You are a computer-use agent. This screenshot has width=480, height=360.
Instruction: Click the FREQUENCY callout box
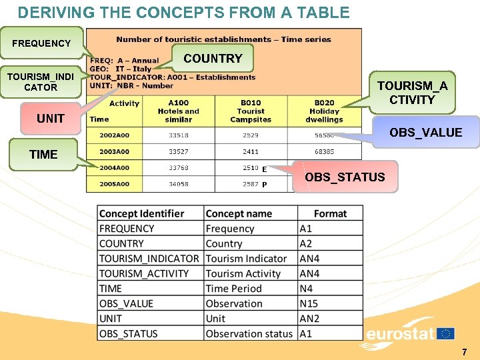coord(41,43)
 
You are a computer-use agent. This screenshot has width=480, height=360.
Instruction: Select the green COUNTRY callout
coord(213,59)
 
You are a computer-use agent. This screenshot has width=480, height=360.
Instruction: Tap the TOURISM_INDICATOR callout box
coord(41,82)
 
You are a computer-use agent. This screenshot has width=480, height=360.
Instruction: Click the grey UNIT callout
coord(51,119)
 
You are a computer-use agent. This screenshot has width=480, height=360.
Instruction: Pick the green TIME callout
coord(43,155)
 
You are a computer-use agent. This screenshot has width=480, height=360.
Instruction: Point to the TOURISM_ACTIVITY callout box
coord(413,93)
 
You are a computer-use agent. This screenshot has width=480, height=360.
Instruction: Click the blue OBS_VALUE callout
coord(425,133)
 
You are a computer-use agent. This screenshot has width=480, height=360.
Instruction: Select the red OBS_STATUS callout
coord(344,177)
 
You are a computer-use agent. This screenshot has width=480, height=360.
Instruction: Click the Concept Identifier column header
coord(141,213)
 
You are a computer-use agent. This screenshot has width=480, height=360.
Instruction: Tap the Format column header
coord(330,213)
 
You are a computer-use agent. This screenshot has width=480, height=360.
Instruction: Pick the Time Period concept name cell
coord(233,289)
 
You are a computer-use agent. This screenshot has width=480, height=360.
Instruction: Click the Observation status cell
coord(249,333)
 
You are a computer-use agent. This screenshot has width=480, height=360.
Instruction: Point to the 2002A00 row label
coord(115,135)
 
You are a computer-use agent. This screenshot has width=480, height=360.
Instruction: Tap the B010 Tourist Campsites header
coord(251,111)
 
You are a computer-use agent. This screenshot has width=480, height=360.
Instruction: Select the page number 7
coord(465,351)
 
